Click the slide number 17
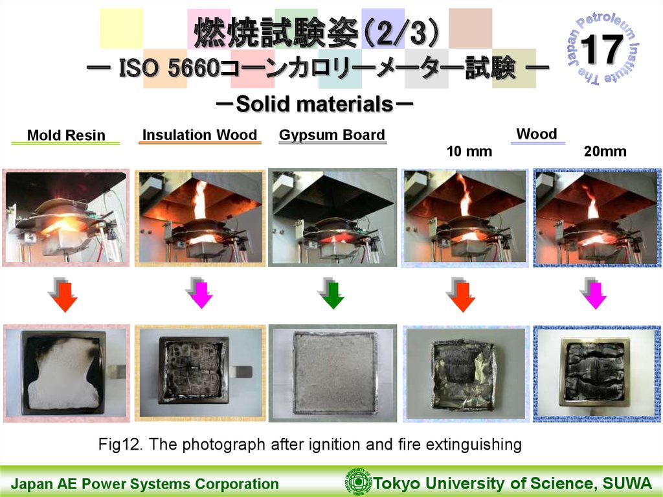601,49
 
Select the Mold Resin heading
66,135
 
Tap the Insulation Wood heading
199,135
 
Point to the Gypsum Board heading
332,135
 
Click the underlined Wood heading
537,133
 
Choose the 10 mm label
469,152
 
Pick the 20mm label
605,152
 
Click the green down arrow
332,294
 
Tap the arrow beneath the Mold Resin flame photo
64,295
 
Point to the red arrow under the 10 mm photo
461,295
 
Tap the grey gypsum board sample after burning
334,373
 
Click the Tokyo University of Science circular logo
358,481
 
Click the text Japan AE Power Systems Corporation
144,484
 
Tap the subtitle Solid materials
315,104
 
